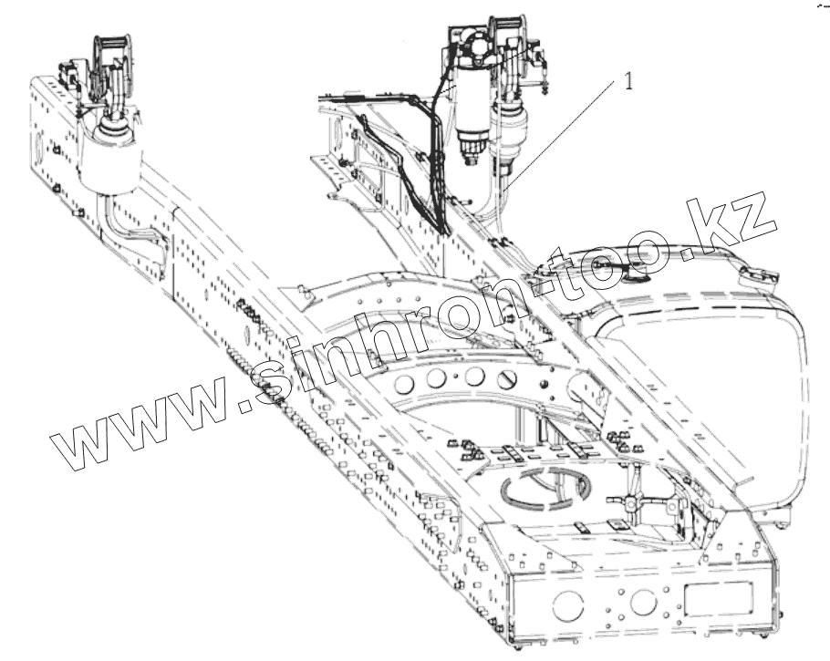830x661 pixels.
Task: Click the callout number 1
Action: coord(628,81)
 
